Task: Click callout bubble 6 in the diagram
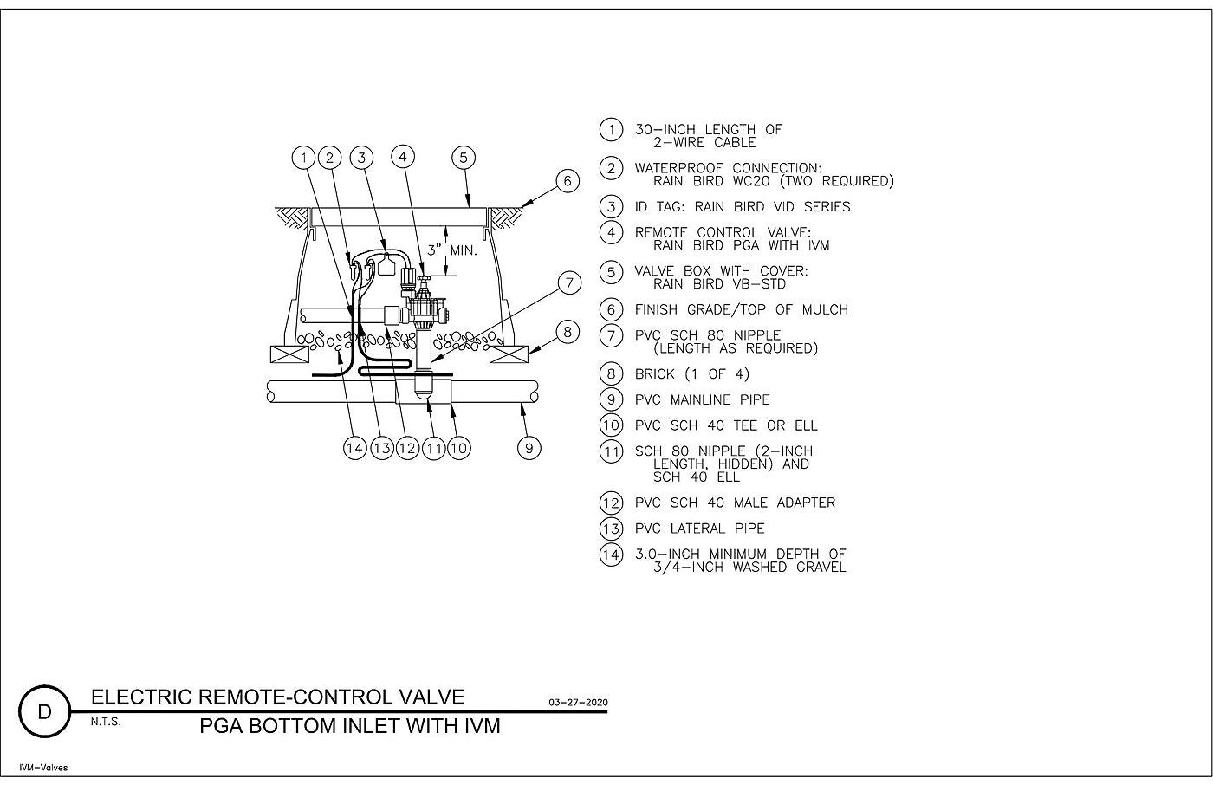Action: [x=567, y=180]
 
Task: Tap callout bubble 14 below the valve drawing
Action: [x=354, y=448]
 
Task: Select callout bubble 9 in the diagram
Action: [x=529, y=448]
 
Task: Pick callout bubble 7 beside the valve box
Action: [x=569, y=282]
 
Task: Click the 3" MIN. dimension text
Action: [x=452, y=250]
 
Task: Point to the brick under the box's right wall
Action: [x=509, y=354]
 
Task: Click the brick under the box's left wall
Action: [x=289, y=354]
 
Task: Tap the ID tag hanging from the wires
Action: [x=386, y=265]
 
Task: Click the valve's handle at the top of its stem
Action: [x=424, y=279]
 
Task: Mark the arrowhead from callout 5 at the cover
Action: [x=469, y=204]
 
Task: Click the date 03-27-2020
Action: [x=578, y=702]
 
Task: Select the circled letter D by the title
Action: [x=44, y=711]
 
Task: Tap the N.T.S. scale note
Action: [x=106, y=722]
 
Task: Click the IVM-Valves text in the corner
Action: [x=43, y=768]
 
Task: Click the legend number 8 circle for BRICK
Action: [x=611, y=374]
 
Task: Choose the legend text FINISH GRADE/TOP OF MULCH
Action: [x=742, y=309]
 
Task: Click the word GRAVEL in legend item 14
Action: [x=821, y=568]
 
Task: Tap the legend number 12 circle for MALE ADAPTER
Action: [x=611, y=503]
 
